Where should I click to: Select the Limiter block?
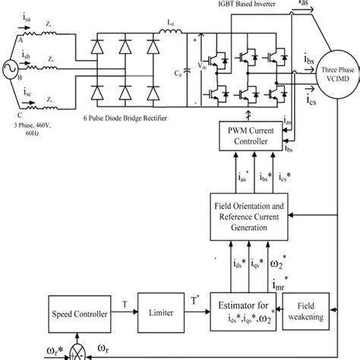click(x=158, y=311)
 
